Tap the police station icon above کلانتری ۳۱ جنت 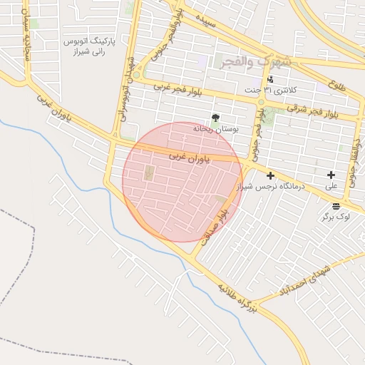pyautogui.click(x=270, y=79)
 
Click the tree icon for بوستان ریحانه pyautogui.click(x=215, y=117)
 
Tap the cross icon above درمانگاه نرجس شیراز pyautogui.click(x=270, y=175)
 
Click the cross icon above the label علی pyautogui.click(x=331, y=175)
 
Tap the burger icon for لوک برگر pyautogui.click(x=336, y=205)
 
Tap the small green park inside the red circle pyautogui.click(x=149, y=173)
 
